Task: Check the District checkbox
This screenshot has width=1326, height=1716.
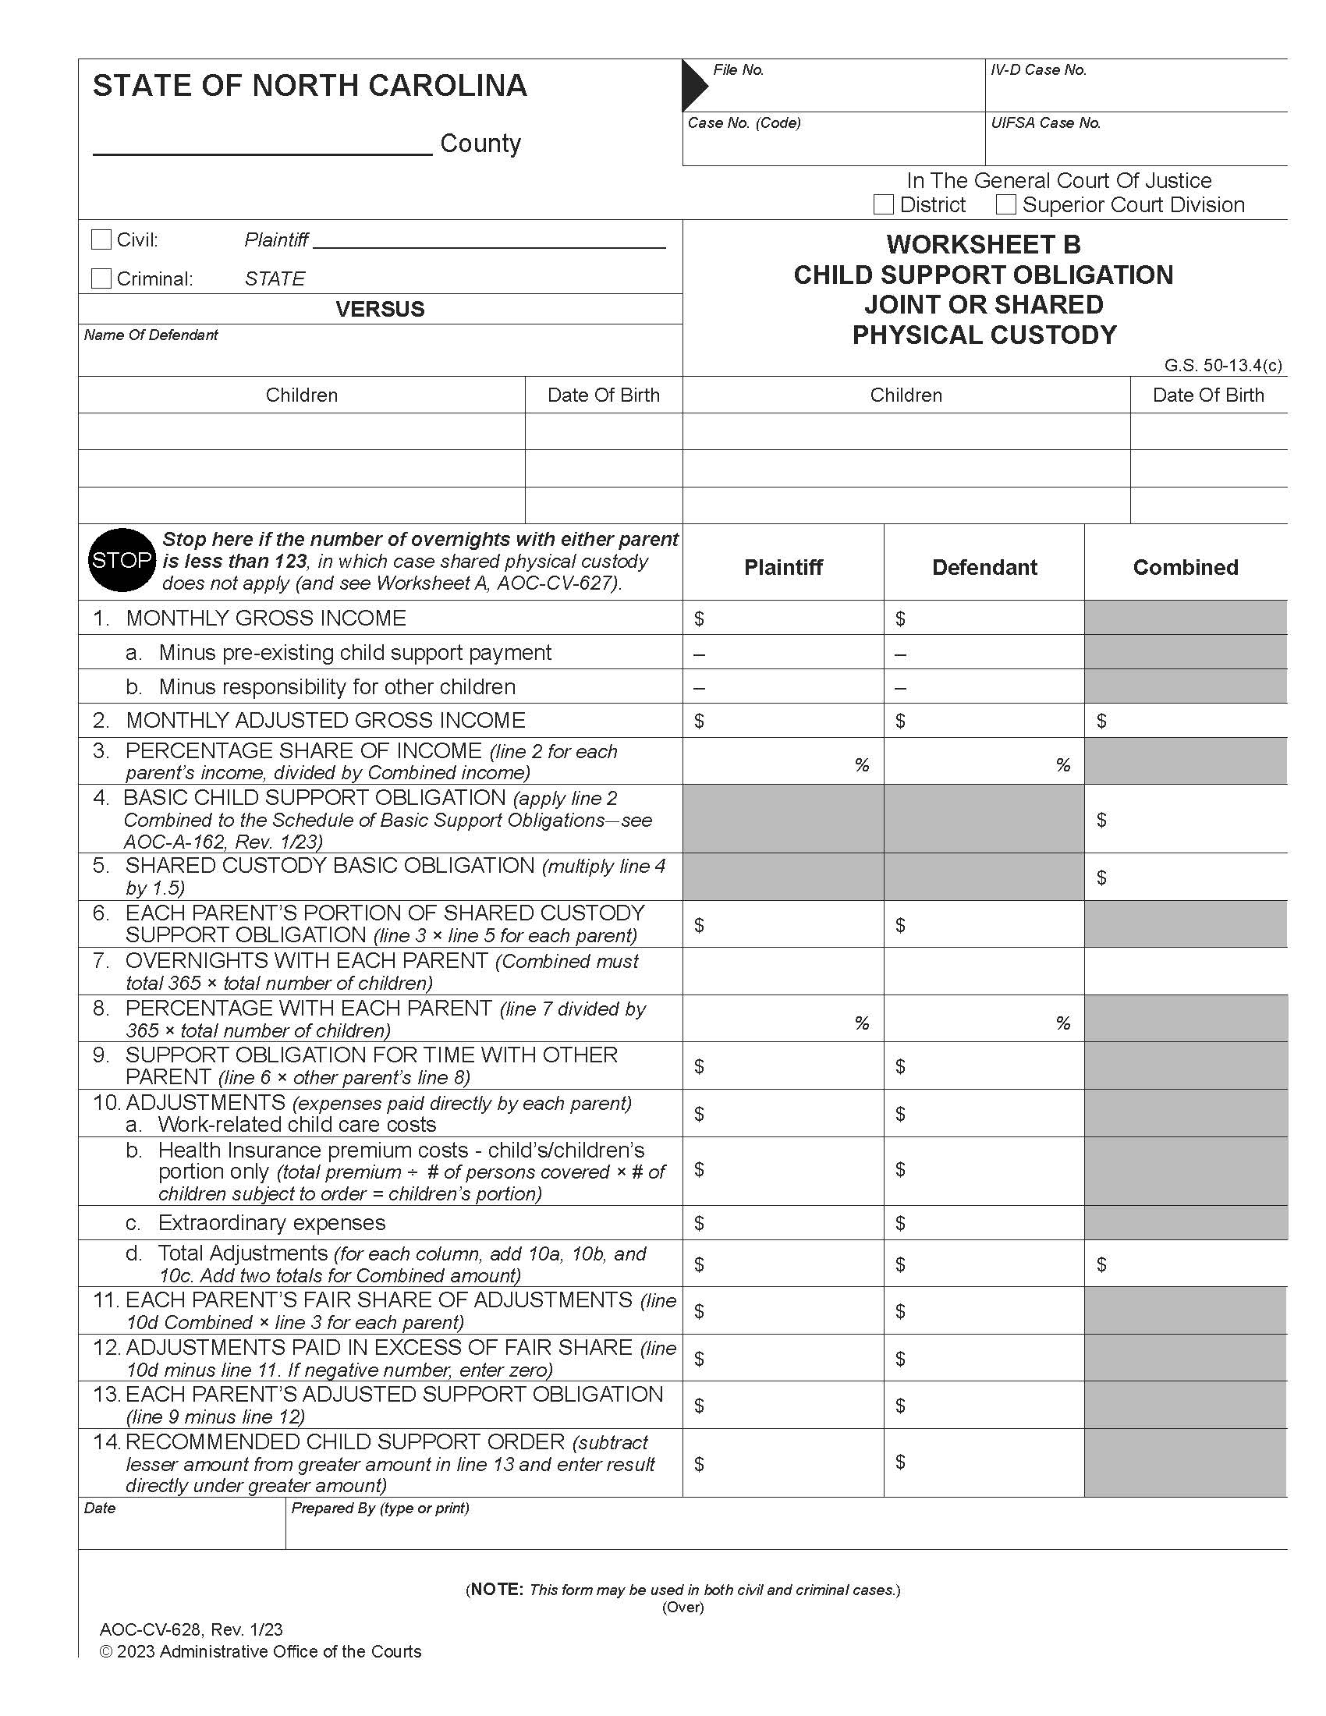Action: coord(883,205)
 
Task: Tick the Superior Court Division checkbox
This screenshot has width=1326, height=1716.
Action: coord(1005,205)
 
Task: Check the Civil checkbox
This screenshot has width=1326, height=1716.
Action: coord(101,239)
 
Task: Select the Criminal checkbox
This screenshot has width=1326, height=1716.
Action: coord(101,278)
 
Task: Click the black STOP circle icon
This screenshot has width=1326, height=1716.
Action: coord(121,560)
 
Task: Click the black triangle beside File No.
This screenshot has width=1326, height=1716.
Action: coord(693,85)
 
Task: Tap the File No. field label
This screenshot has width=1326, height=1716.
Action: coord(738,70)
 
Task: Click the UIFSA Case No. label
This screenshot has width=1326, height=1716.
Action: coord(1044,123)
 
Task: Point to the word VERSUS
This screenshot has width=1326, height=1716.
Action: coord(379,309)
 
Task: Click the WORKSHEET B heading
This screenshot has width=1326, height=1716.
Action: coord(984,244)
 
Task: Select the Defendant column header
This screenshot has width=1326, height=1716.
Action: coord(984,567)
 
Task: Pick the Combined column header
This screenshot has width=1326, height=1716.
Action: coord(1185,567)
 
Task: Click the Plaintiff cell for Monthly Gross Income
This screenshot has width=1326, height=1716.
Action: coord(782,619)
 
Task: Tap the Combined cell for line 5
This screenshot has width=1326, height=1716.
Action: coord(1185,877)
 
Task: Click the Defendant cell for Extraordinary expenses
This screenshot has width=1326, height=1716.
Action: coord(984,1222)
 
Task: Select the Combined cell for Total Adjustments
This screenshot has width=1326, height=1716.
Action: coord(1185,1264)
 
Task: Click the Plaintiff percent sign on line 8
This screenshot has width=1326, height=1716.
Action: coord(861,1023)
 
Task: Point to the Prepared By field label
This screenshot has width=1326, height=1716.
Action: coord(379,1508)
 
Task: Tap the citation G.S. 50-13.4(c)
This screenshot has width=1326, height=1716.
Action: coord(1222,365)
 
